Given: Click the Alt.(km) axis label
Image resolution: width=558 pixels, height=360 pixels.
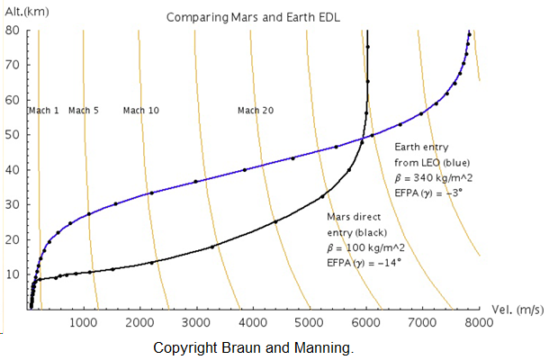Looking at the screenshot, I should click(x=24, y=12).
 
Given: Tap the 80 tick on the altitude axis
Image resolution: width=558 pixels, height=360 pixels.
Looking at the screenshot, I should click(x=13, y=30).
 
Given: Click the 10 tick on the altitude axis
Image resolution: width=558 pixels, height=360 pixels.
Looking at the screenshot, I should click(x=13, y=274).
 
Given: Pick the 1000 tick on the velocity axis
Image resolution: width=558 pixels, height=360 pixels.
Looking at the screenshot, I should click(x=83, y=321).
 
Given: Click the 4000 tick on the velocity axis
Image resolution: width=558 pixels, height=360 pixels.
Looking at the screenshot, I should click(x=252, y=321).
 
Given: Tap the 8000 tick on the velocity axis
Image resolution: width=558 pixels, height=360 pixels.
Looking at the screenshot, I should click(x=478, y=321).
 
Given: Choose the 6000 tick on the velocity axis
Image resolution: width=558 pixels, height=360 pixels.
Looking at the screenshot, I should click(x=365, y=321).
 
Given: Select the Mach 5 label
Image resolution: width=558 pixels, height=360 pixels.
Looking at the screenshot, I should click(x=84, y=111).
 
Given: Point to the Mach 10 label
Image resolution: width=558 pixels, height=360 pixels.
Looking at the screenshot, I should click(x=140, y=111).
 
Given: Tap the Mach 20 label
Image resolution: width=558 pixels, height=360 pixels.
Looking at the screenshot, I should click(x=256, y=111).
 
